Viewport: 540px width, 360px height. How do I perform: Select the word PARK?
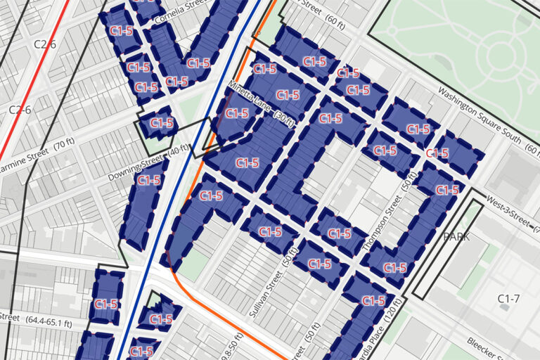tap(456, 237)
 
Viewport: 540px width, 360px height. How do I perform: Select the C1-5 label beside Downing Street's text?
tap(149, 180)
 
